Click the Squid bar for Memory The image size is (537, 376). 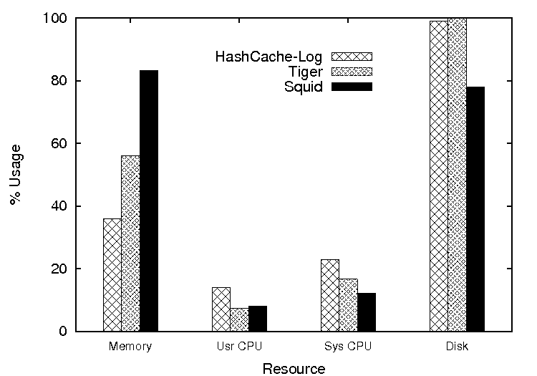coord(149,201)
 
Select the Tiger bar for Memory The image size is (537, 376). coord(130,244)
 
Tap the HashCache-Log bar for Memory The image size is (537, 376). coord(112,275)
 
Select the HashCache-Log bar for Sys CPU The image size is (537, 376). coord(329,295)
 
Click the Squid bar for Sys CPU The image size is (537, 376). coord(366,312)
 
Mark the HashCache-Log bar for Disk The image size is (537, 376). coord(438,176)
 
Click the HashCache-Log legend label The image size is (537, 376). coord(268,57)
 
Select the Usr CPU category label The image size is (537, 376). coord(238,347)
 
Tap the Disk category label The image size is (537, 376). coord(456,347)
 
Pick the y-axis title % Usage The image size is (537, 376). coord(16,175)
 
